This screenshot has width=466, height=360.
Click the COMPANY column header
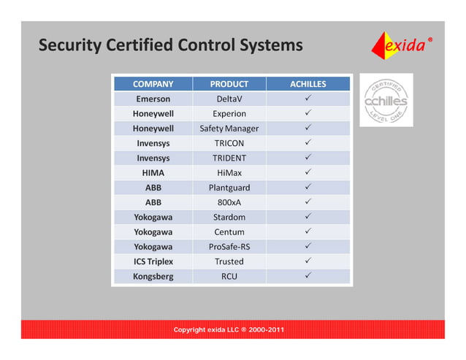pyautogui.click(x=153, y=84)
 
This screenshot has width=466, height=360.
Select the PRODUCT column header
pyautogui.click(x=229, y=84)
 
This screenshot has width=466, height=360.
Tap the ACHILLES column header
pyautogui.click(x=308, y=84)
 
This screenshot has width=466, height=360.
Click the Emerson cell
pyautogui.click(x=153, y=99)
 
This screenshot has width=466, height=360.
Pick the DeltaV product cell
pyautogui.click(x=229, y=99)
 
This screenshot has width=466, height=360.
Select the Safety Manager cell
pyautogui.click(x=229, y=129)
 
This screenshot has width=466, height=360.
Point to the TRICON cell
pyautogui.click(x=229, y=143)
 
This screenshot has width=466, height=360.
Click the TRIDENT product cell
pyautogui.click(x=229, y=158)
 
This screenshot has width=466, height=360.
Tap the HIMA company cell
pyautogui.click(x=153, y=173)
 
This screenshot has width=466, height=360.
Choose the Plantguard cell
pyautogui.click(x=229, y=188)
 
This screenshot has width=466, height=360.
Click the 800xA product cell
pyautogui.click(x=229, y=202)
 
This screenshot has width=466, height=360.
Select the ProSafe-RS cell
pyautogui.click(x=229, y=247)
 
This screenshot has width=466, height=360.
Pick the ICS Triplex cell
pyautogui.click(x=153, y=261)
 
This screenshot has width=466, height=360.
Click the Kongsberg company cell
pyautogui.click(x=153, y=276)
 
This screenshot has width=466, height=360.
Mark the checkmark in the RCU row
pyautogui.click(x=308, y=276)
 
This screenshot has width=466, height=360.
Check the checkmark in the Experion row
pyautogui.click(x=308, y=113)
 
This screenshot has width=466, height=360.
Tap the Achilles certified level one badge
pyautogui.click(x=386, y=100)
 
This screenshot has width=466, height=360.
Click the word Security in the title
pyautogui.click(x=69, y=45)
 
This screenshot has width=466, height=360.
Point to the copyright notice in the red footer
pyautogui.click(x=229, y=330)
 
